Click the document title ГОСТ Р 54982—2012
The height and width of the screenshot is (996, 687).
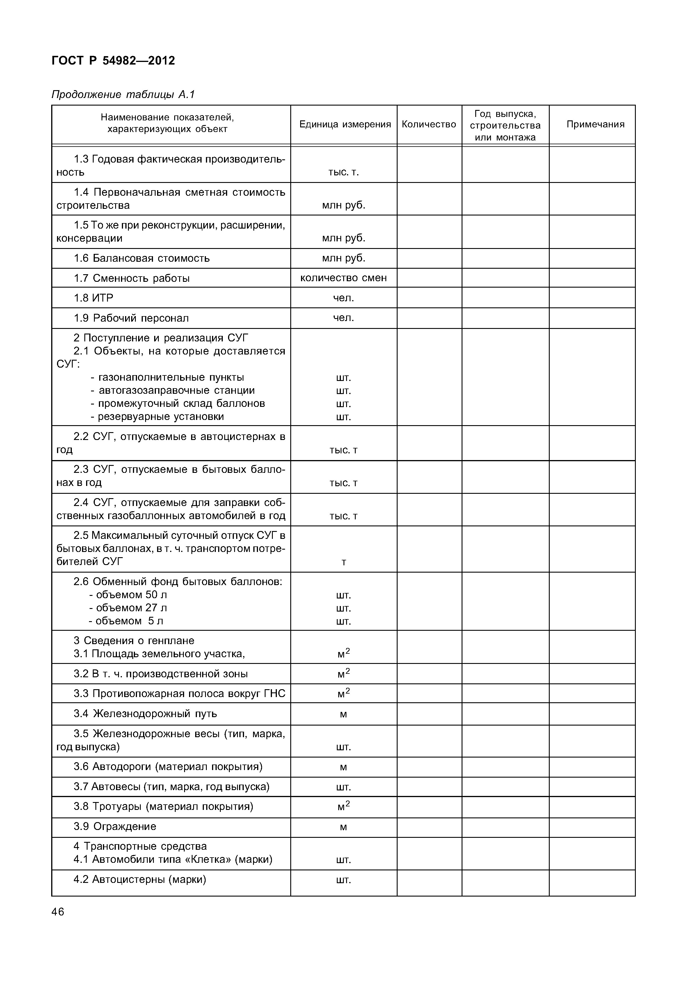(x=113, y=61)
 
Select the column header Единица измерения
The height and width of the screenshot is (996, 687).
(x=345, y=124)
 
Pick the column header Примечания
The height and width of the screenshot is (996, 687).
(x=595, y=124)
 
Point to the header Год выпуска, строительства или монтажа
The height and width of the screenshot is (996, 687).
(x=505, y=125)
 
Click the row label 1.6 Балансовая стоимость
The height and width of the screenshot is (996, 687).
(x=142, y=258)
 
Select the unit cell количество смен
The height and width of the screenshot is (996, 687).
(x=343, y=278)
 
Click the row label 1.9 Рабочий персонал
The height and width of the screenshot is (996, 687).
(x=131, y=318)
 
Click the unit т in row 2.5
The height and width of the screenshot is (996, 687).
(x=343, y=562)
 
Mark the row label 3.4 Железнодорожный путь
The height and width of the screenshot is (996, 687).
(x=145, y=714)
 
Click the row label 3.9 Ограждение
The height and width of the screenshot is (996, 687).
(x=115, y=826)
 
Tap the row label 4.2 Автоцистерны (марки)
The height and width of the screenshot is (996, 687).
(x=140, y=879)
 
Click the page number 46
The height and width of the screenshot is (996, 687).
(x=58, y=912)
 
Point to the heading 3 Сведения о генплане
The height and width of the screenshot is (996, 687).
(x=134, y=640)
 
